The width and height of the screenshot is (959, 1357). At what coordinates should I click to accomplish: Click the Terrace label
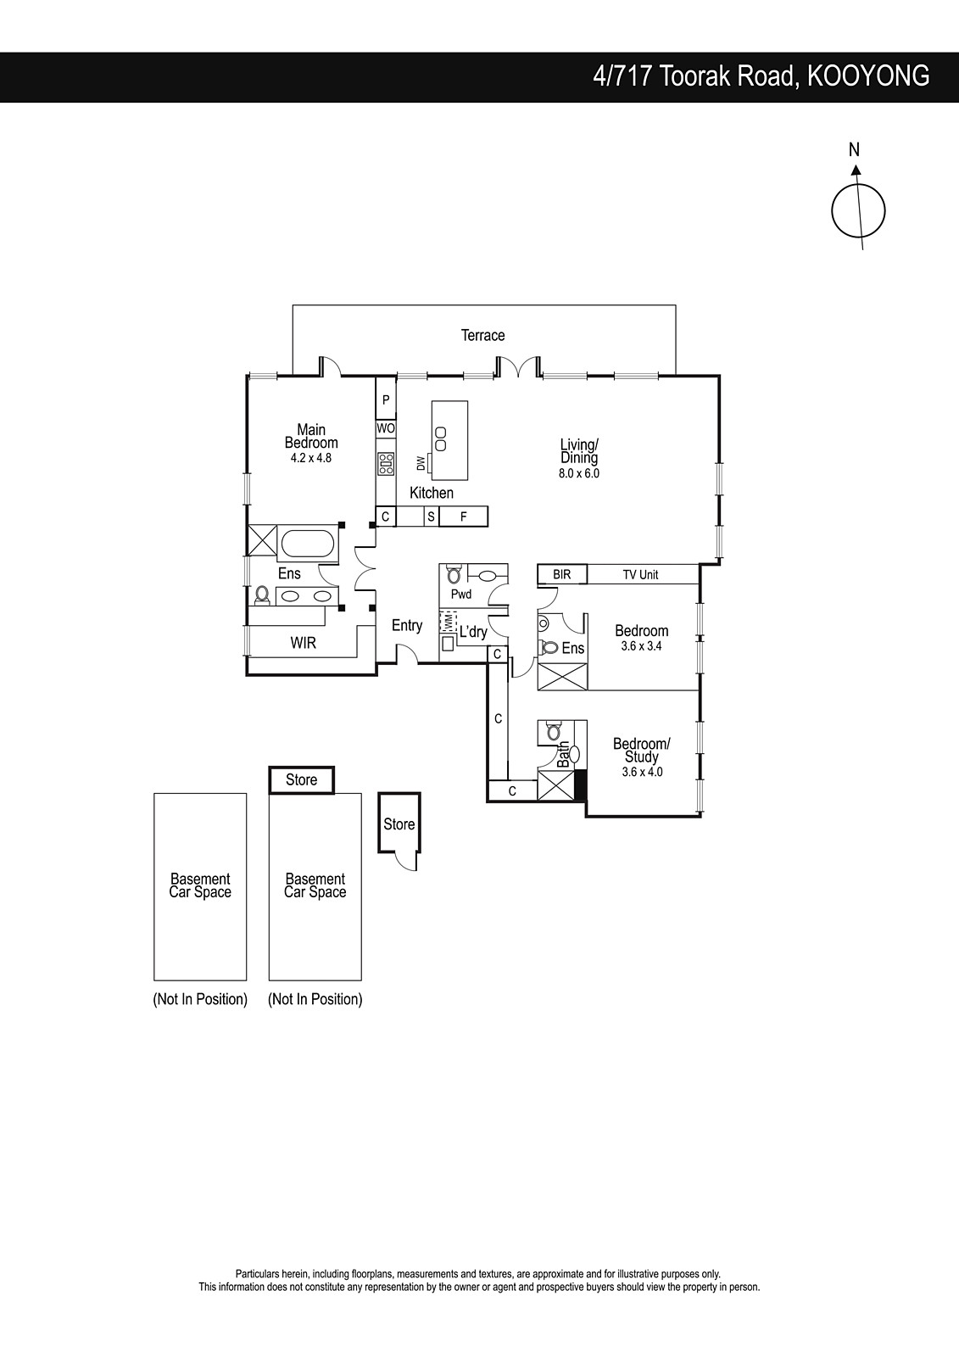[x=482, y=335]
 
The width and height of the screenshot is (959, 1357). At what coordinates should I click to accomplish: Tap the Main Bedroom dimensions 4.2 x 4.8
[x=311, y=458]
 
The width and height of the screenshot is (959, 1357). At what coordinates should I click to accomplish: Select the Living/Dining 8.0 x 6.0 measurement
[x=578, y=473]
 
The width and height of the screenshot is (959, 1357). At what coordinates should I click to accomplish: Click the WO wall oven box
[x=386, y=428]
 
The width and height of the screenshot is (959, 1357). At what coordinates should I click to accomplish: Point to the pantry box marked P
[x=386, y=399]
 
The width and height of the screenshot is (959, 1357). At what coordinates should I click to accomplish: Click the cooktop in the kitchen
[x=386, y=464]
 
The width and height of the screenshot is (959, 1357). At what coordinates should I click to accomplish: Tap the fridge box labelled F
[x=464, y=517]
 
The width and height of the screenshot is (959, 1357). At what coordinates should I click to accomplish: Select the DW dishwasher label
[x=421, y=463]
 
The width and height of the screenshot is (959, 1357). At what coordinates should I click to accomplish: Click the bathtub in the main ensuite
[x=308, y=544]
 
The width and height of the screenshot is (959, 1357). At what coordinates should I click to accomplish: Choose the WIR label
[x=303, y=643]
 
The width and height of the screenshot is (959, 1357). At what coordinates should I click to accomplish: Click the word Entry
[x=407, y=625]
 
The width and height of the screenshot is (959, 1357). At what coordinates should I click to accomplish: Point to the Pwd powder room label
[x=461, y=595]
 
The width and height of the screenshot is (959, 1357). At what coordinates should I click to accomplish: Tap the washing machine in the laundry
[x=448, y=623]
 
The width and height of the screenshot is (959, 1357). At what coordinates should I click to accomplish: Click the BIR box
[x=562, y=574]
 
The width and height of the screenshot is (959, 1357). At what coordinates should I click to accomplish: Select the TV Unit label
[x=640, y=574]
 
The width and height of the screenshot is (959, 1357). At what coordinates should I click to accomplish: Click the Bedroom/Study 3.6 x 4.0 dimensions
[x=642, y=772]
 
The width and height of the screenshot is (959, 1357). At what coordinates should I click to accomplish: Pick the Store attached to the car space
[x=301, y=779]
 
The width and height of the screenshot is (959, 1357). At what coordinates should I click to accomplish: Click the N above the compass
[x=854, y=149]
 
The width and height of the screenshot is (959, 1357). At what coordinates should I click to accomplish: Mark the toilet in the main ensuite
[x=262, y=595]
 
